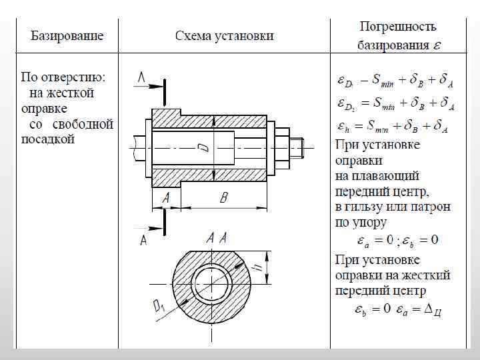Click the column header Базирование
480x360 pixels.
[67, 35]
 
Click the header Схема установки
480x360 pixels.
[225, 35]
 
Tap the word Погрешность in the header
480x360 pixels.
[398, 27]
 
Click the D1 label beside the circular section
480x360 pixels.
[159, 306]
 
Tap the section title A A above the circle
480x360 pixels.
[217, 238]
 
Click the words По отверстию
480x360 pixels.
[67, 77]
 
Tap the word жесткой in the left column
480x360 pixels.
[70, 93]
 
